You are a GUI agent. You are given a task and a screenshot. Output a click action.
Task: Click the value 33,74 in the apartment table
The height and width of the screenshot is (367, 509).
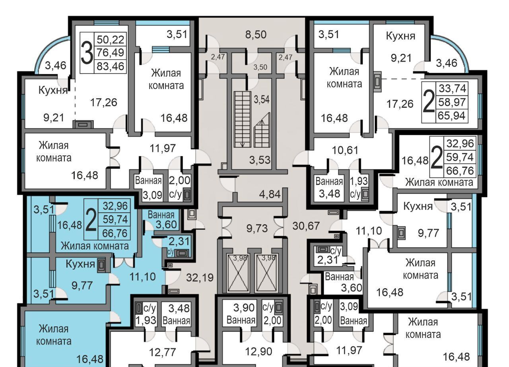tap(452, 88)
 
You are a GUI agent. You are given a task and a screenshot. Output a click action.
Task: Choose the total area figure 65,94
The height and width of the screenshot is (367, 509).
tap(452, 116)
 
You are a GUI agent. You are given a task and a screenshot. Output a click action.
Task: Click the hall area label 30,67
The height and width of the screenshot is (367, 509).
tap(306, 226)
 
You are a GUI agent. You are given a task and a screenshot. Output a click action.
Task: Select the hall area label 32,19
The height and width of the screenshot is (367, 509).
tap(200, 277)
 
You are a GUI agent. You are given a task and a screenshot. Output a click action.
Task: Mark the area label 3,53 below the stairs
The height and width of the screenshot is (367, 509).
tap(260, 160)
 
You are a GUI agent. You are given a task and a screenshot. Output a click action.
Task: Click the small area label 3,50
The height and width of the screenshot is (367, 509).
tap(260, 67)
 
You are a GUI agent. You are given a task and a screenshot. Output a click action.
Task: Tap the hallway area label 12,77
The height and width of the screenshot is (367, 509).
tap(162, 352)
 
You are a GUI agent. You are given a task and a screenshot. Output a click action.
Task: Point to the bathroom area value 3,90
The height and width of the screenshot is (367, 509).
tap(241, 307)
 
